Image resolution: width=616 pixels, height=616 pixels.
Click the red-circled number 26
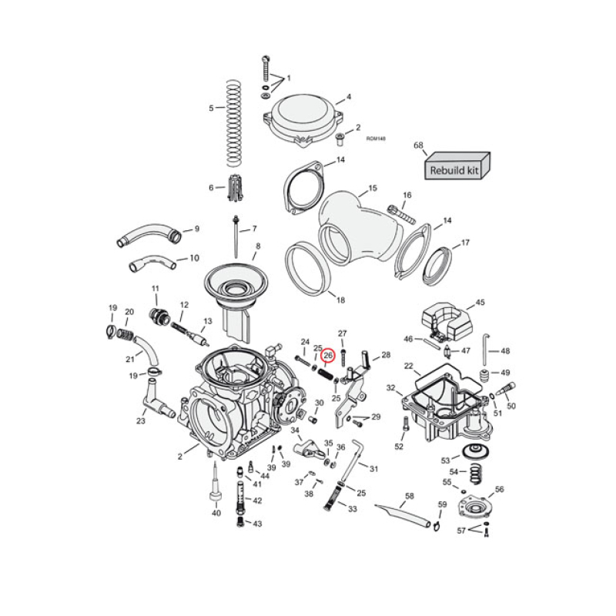328,356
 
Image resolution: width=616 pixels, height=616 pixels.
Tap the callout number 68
419,146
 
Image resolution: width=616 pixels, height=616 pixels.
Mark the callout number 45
480,303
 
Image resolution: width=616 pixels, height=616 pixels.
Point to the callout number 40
216,513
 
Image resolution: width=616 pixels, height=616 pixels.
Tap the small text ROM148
376,139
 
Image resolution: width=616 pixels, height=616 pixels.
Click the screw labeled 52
407,423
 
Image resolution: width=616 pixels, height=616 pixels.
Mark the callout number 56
499,489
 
